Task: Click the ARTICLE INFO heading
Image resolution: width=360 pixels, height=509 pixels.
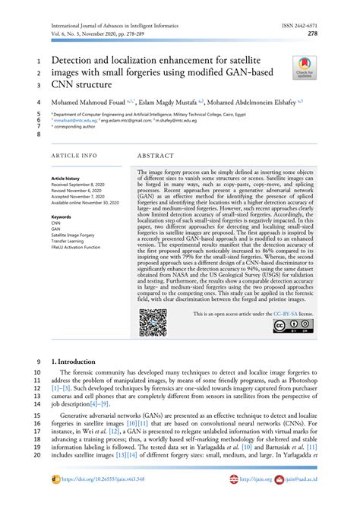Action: [74, 155]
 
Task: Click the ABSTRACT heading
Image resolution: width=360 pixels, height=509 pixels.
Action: [157, 155]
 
